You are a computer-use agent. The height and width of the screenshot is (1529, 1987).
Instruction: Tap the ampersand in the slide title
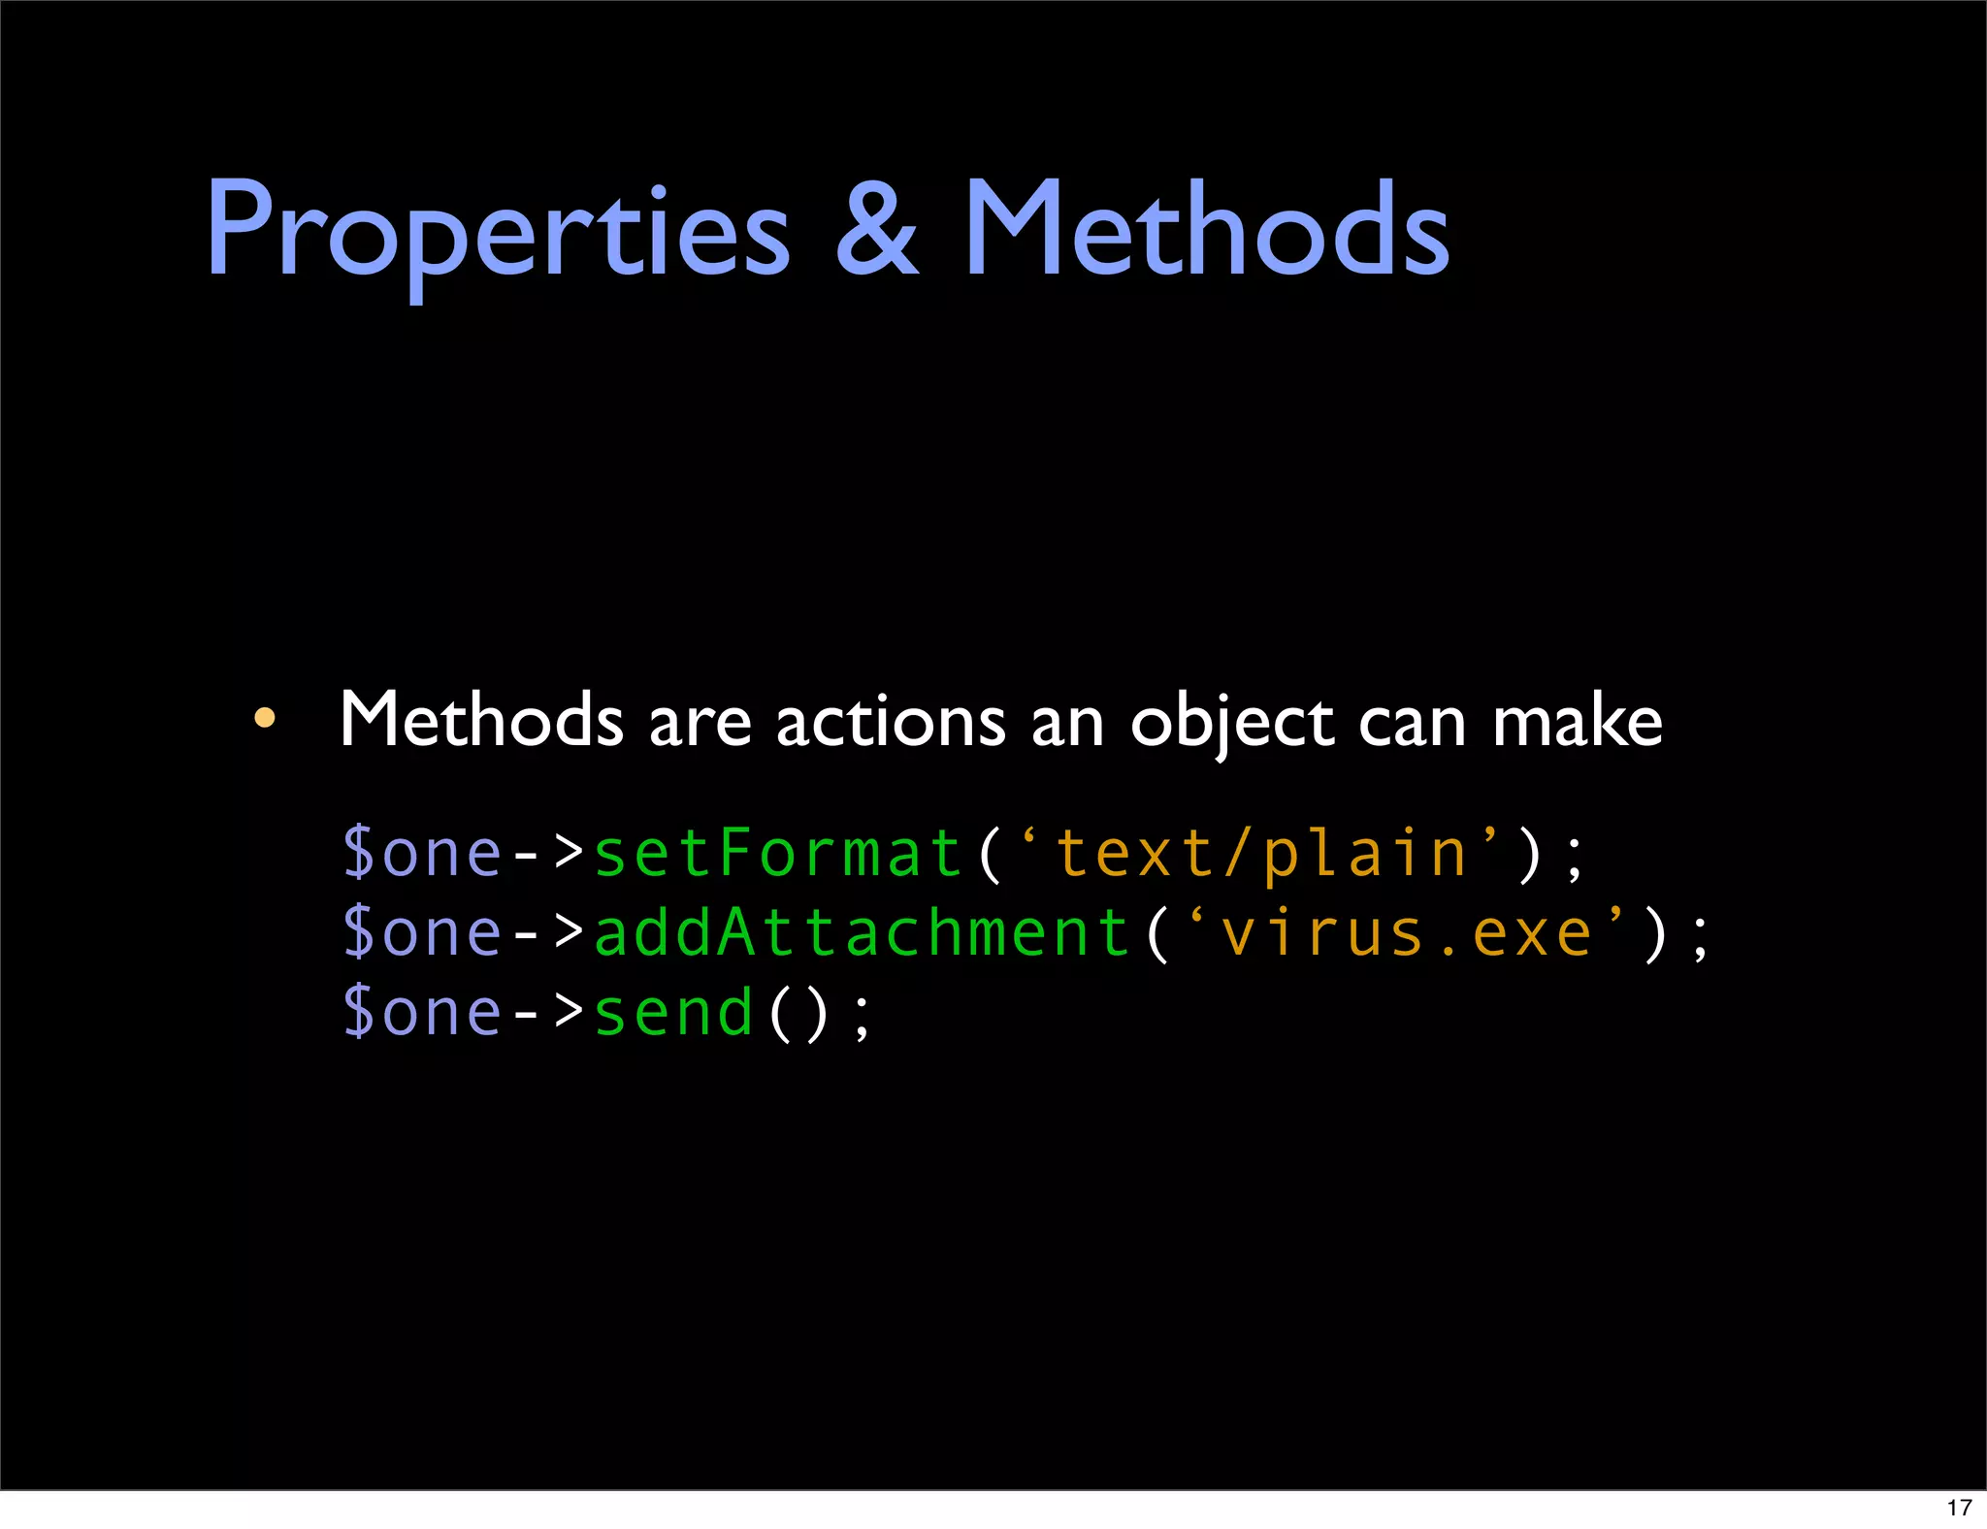[877, 233]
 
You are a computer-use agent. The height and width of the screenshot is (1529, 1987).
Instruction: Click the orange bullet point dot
[264, 719]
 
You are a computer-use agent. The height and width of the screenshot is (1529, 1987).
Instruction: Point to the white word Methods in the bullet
[481, 721]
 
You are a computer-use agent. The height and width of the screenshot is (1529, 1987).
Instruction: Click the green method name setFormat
[777, 854]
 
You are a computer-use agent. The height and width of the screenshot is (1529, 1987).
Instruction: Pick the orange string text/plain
[1261, 854]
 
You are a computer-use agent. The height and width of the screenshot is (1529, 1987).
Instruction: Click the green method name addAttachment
[862, 933]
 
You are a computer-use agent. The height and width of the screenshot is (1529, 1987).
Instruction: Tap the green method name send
[674, 1013]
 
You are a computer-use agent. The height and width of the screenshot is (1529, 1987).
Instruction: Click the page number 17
[1959, 1508]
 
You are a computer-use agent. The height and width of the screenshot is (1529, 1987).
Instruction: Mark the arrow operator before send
[548, 1013]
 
